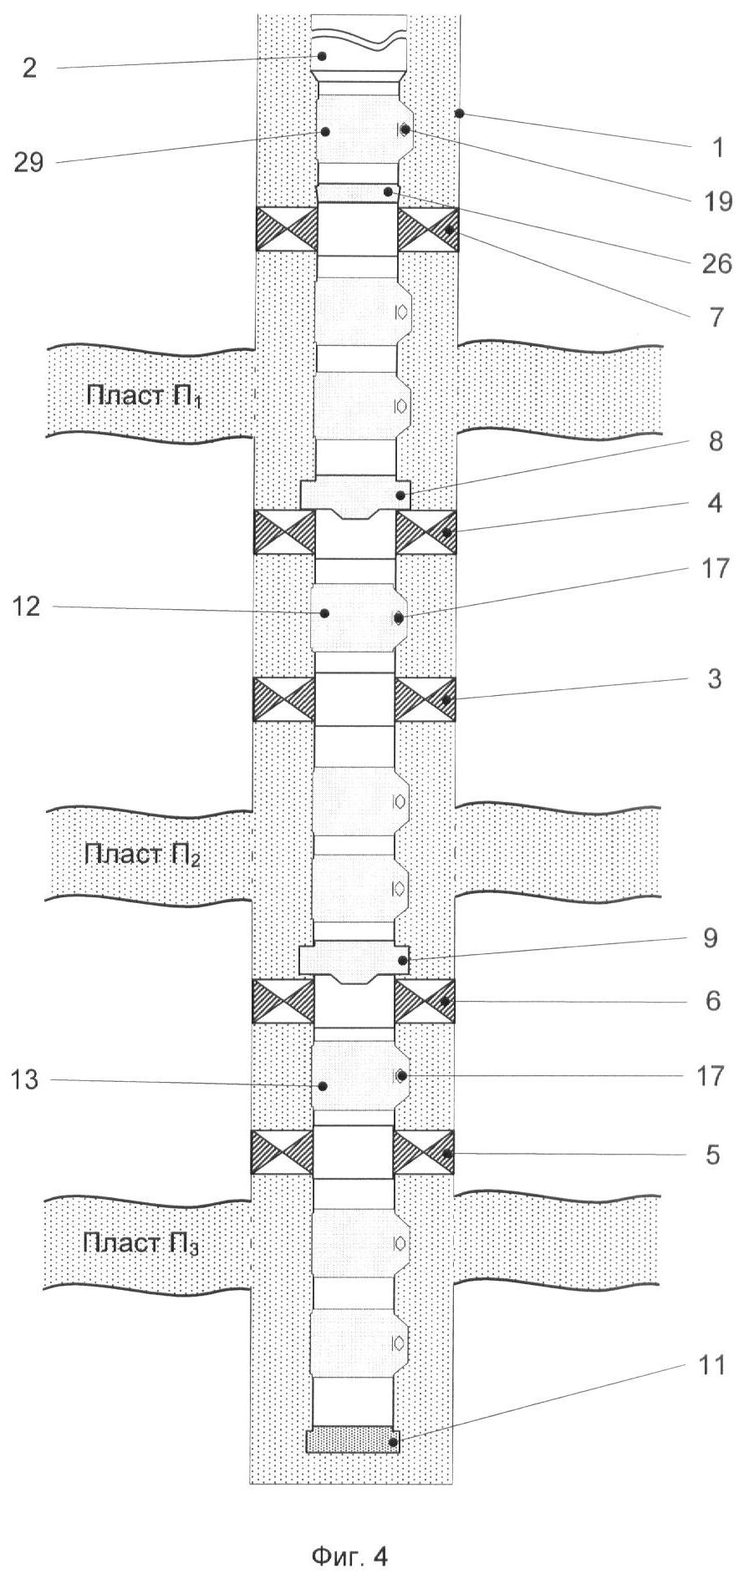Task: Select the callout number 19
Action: click(716, 202)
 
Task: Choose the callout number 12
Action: click(27, 607)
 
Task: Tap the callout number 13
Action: click(26, 1080)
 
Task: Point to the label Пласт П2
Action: click(142, 855)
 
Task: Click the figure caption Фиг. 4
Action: click(349, 1533)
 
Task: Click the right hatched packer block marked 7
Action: click(428, 229)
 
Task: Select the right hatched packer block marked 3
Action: click(425, 698)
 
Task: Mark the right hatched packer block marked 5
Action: click(424, 1152)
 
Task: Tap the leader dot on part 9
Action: click(403, 961)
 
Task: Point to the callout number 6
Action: click(712, 1001)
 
